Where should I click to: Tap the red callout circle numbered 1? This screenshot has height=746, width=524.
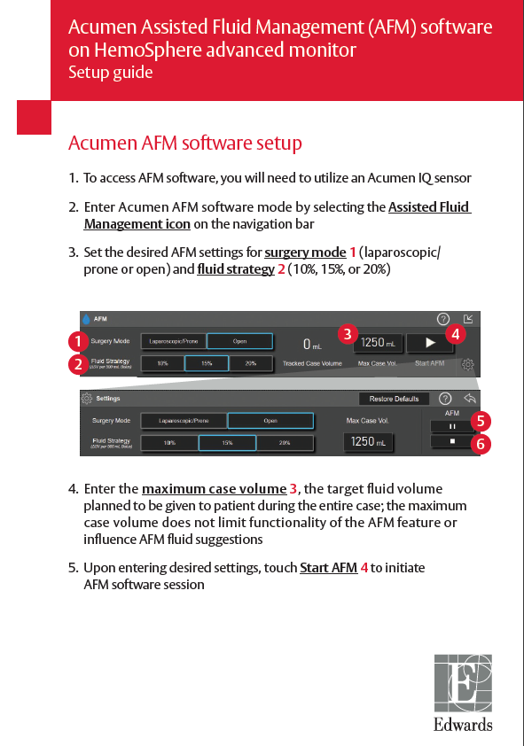(x=79, y=341)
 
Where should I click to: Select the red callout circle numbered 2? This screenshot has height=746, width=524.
(x=79, y=363)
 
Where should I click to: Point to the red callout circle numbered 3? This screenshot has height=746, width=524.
(x=348, y=334)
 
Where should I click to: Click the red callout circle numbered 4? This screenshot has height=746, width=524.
(x=455, y=334)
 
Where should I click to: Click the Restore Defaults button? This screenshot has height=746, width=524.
(x=395, y=399)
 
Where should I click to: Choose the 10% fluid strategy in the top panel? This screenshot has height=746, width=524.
(x=163, y=363)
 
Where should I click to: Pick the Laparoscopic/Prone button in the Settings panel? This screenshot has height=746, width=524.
(x=184, y=421)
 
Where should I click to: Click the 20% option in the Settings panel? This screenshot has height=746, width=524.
(x=285, y=442)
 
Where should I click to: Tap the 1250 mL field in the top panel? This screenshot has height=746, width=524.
(x=376, y=342)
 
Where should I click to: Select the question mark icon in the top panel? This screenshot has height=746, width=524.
(x=443, y=319)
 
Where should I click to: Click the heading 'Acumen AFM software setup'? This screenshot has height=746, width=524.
(x=184, y=144)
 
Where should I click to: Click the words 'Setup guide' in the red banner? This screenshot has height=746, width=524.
(x=110, y=73)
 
